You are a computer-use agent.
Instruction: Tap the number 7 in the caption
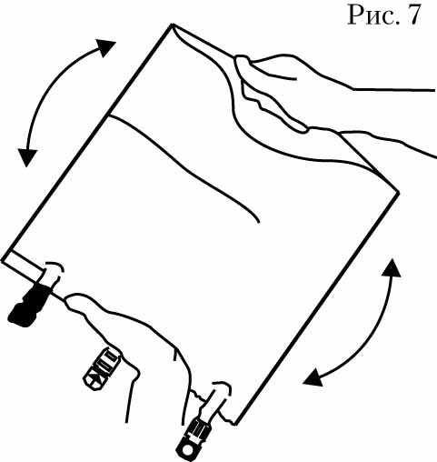413,15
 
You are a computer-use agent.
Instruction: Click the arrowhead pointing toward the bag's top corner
105,47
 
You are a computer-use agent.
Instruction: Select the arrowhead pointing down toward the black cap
27,157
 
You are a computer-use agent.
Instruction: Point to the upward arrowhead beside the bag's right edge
392,268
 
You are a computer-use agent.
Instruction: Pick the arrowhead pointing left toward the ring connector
313,377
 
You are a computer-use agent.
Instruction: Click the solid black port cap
29,306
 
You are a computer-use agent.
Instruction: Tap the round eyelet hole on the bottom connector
189,448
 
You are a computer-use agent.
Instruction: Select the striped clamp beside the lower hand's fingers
102,367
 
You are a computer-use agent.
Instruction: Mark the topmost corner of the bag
172,25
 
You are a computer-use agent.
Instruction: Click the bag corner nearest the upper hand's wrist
399,192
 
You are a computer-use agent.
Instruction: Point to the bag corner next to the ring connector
235,424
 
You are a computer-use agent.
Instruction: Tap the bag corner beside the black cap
3,261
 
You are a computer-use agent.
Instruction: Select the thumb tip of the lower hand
72,299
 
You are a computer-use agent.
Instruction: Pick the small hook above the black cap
55,266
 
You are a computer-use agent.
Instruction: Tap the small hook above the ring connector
223,386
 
